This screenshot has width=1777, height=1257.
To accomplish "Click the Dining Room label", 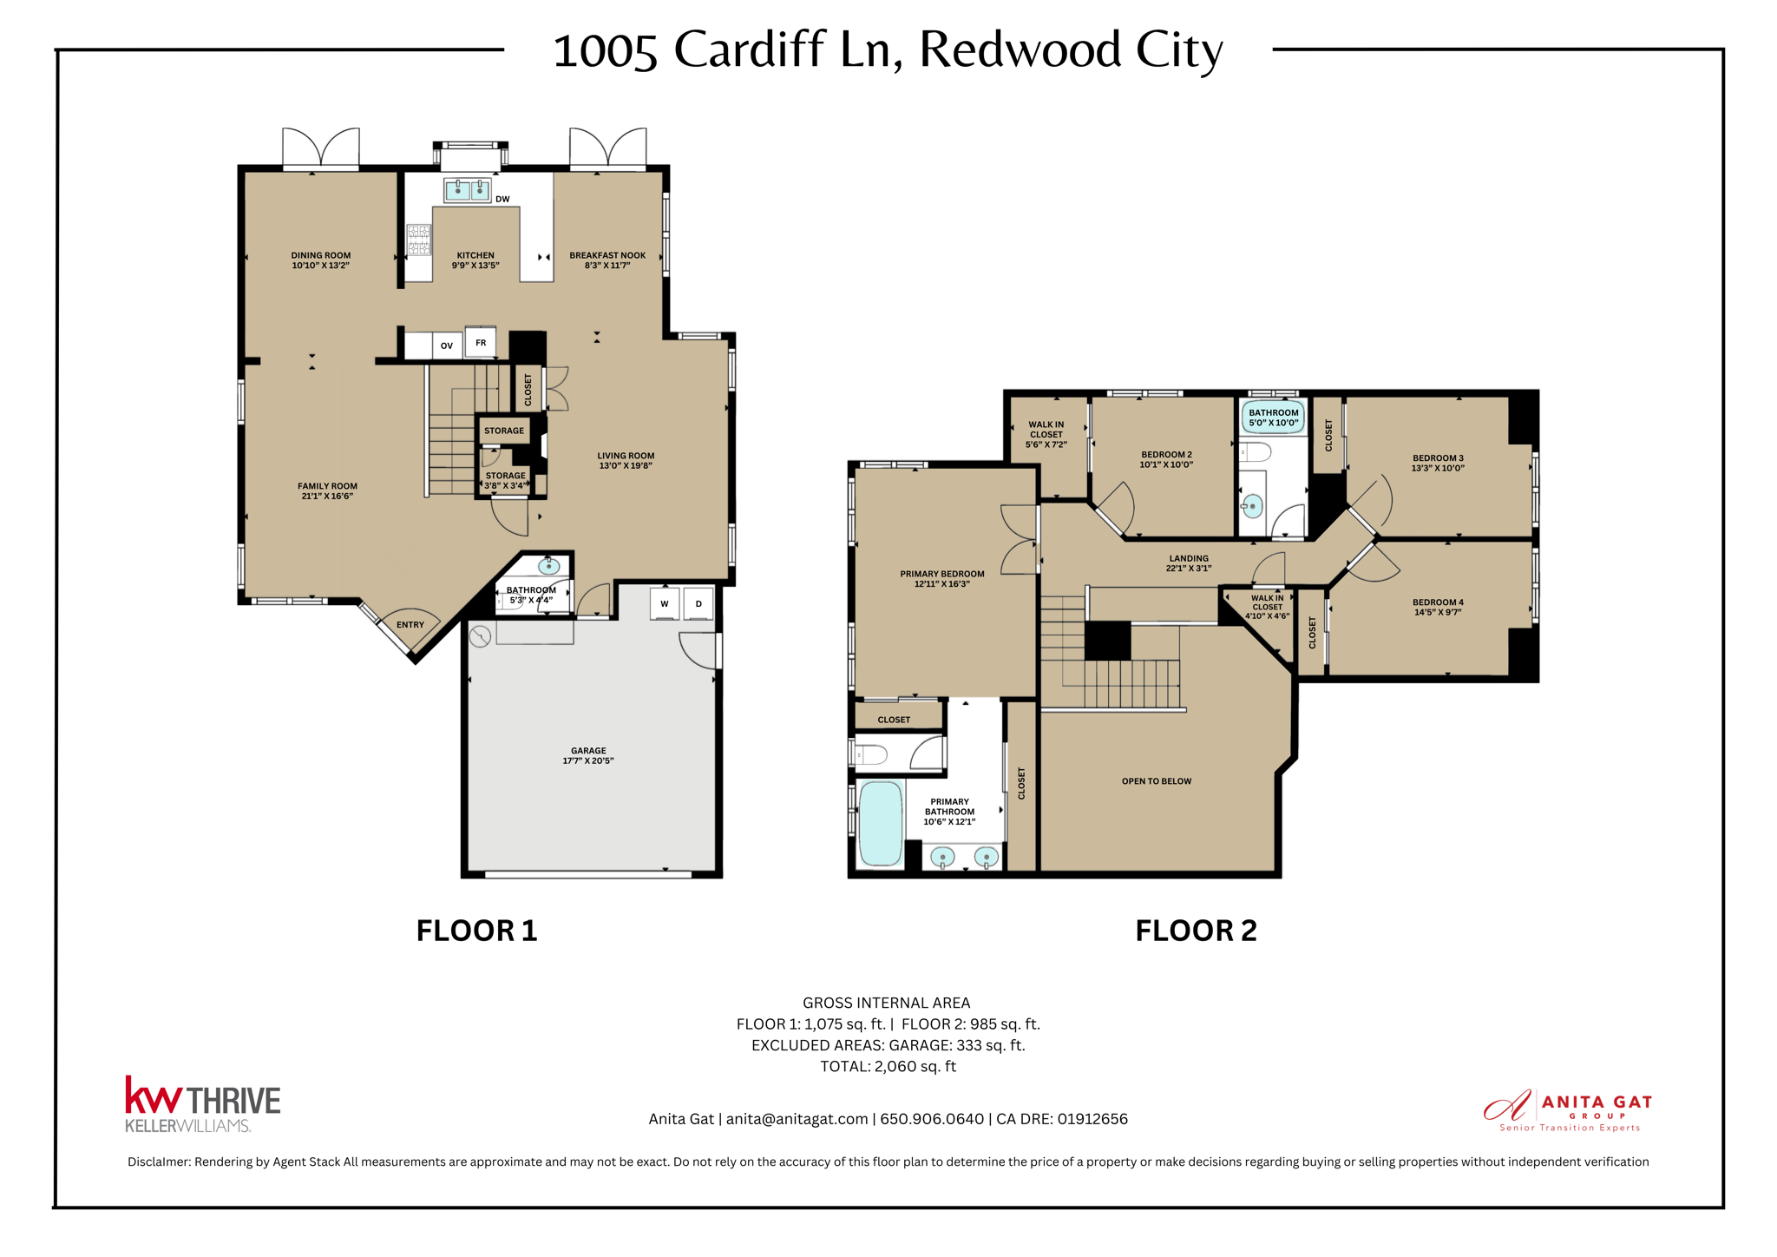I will (x=320, y=256).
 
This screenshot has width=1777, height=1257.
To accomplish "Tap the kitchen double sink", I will (x=468, y=189).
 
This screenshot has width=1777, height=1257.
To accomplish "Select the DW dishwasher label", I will (x=502, y=200).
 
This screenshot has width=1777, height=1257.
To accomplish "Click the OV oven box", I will (x=447, y=346).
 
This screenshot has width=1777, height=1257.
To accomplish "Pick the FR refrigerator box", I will (x=481, y=342).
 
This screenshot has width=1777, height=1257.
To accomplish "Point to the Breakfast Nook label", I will (x=607, y=256).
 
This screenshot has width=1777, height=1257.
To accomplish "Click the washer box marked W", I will (x=665, y=604).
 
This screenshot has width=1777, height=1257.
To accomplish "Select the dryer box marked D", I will (x=698, y=604).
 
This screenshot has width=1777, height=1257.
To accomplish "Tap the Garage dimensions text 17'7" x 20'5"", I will (x=588, y=761).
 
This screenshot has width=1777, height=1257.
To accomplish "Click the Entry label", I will (x=410, y=625).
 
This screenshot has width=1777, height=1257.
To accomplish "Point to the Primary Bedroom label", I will (x=942, y=574).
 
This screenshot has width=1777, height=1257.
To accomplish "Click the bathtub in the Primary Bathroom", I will (x=881, y=824).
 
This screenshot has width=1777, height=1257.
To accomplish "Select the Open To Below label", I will (x=1157, y=781).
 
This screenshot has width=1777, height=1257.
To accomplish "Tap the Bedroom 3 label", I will (x=1438, y=458).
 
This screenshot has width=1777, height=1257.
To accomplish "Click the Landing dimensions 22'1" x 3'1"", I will (x=1189, y=569).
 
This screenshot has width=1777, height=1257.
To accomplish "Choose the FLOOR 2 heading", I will (x=1196, y=931).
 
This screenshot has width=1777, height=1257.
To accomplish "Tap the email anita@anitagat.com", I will (x=797, y=1119).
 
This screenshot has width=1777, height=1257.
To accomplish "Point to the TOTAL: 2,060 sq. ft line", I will (x=888, y=1066).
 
